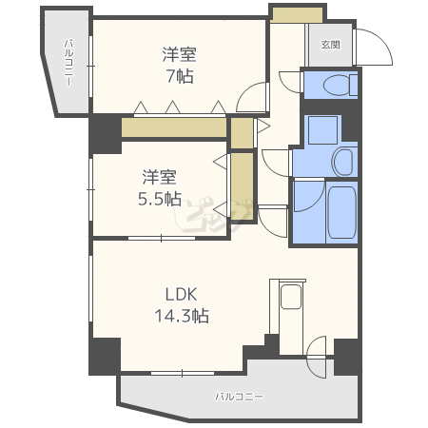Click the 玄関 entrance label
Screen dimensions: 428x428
330,44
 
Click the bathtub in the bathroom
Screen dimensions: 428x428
340,213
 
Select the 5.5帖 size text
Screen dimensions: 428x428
160,199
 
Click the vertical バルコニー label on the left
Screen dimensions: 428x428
70,62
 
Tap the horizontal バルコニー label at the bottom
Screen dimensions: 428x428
239,396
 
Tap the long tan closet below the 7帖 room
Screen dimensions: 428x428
173,126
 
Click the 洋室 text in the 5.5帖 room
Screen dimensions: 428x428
160,177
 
